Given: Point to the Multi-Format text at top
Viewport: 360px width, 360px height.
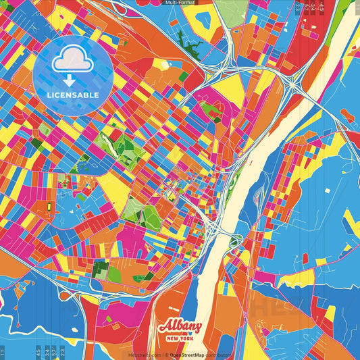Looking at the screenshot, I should point(180,3).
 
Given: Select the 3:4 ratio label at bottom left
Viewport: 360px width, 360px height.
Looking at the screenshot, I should point(53,352).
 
